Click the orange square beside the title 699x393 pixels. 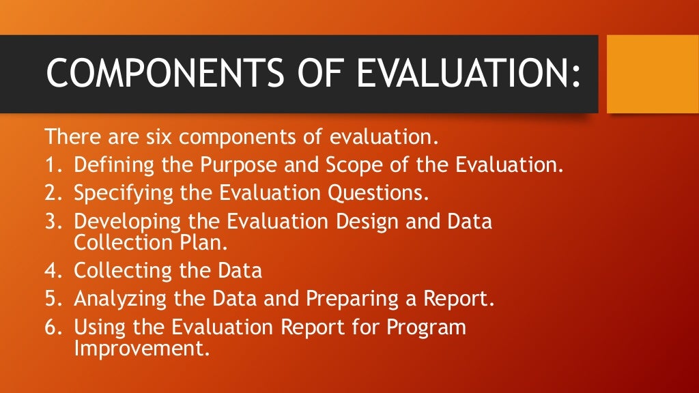click(652, 74)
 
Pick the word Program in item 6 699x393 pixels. click(427, 327)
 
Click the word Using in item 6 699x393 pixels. click(95, 327)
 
